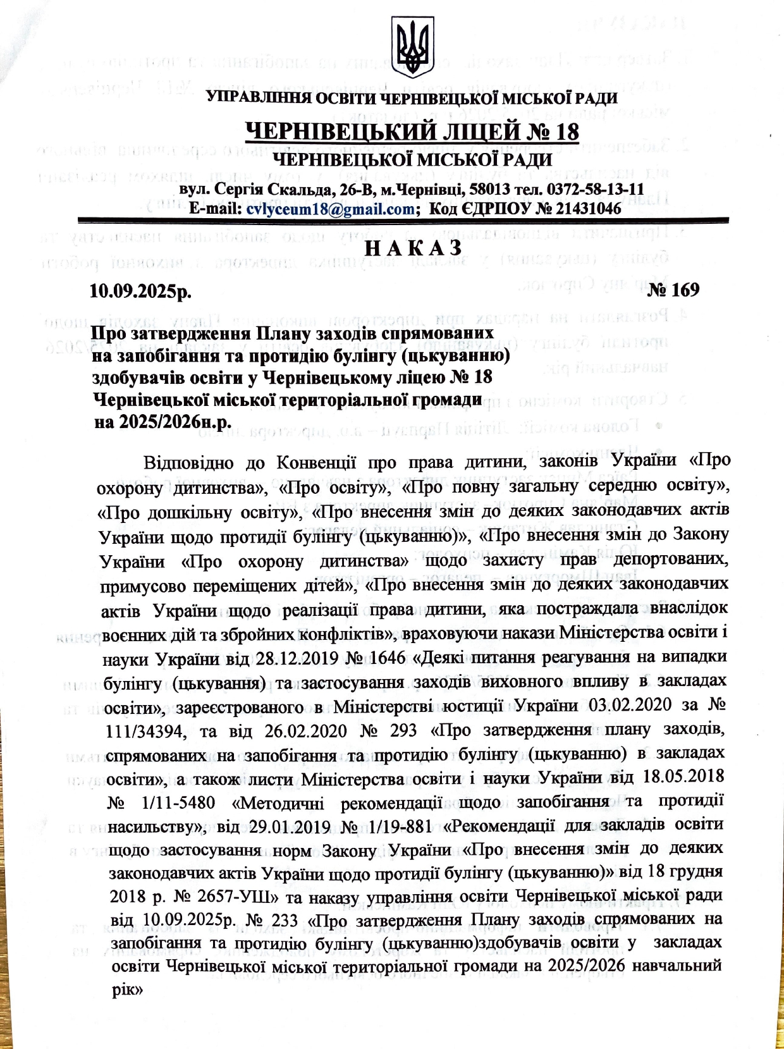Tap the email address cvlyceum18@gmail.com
tap(330, 208)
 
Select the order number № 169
tap(673, 290)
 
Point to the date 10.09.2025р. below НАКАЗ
tap(140, 291)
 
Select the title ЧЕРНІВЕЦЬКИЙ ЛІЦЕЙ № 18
tap(412, 132)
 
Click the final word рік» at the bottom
tap(129, 990)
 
